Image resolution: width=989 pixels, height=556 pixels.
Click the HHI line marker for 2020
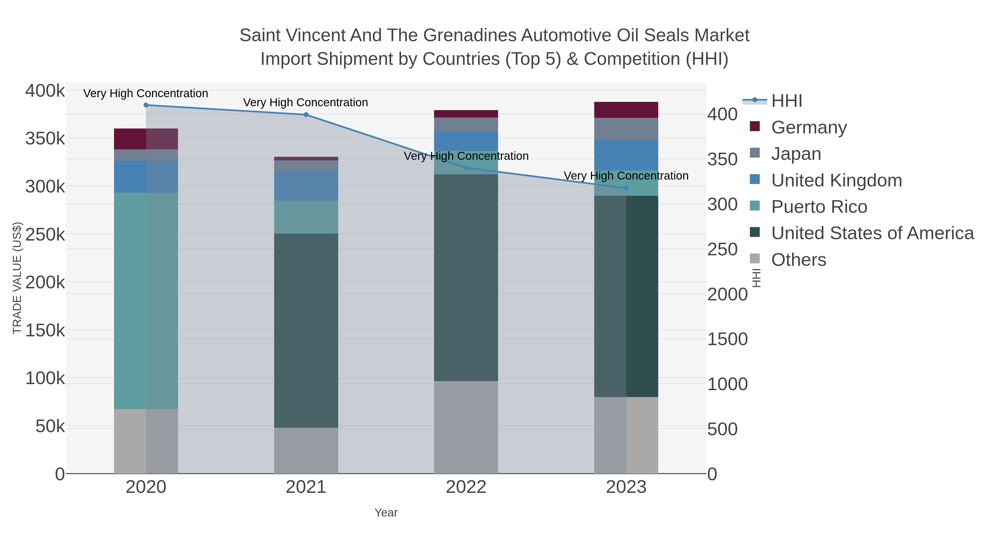click(146, 105)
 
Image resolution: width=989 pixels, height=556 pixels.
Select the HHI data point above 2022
click(466, 168)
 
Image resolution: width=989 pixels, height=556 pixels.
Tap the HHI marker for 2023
click(626, 188)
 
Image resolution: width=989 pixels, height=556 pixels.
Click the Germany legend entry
click(809, 127)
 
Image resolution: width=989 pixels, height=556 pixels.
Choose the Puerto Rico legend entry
click(819, 207)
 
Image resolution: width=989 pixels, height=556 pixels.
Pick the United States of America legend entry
click(872, 233)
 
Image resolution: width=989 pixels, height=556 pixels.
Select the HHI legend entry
click(786, 101)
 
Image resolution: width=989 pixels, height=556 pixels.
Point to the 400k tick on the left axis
click(45, 91)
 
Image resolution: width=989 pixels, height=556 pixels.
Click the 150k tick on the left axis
click(45, 330)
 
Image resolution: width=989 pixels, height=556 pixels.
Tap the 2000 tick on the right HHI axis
click(727, 295)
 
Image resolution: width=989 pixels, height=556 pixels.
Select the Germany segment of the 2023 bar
click(626, 110)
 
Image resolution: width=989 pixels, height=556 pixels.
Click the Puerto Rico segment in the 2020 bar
click(146, 301)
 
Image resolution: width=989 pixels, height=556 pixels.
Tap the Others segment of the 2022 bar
click(466, 427)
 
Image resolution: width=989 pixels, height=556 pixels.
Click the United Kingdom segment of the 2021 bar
click(306, 186)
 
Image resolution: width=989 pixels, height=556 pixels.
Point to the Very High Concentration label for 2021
click(305, 102)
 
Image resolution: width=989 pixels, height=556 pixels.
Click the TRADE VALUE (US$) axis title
click(17, 278)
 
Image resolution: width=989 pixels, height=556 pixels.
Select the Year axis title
click(386, 513)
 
